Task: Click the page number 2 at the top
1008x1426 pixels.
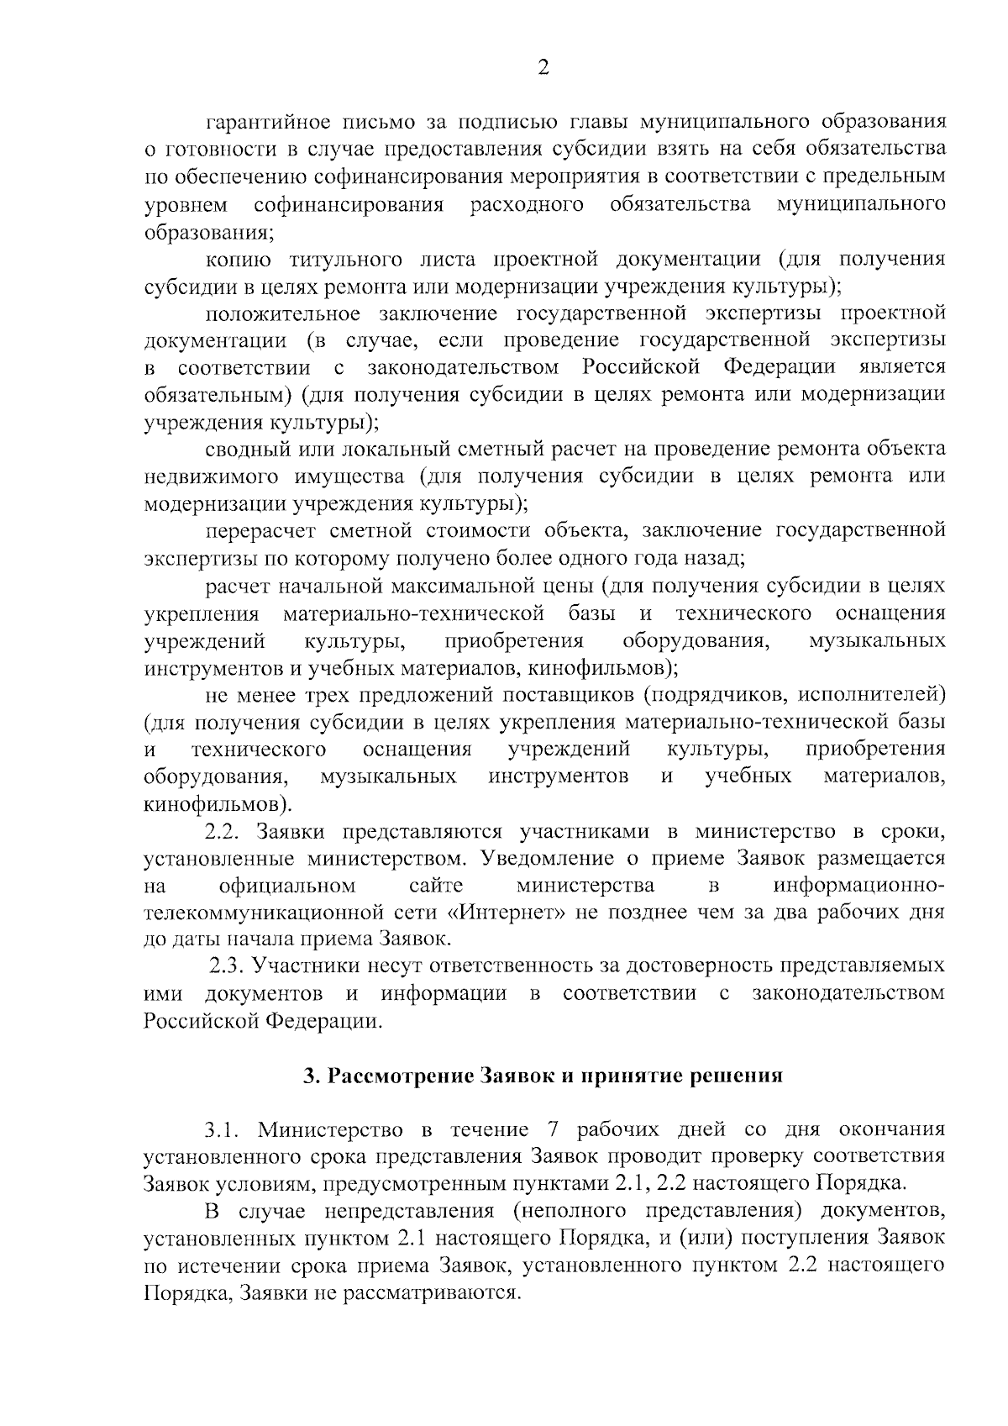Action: pyautogui.click(x=543, y=68)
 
